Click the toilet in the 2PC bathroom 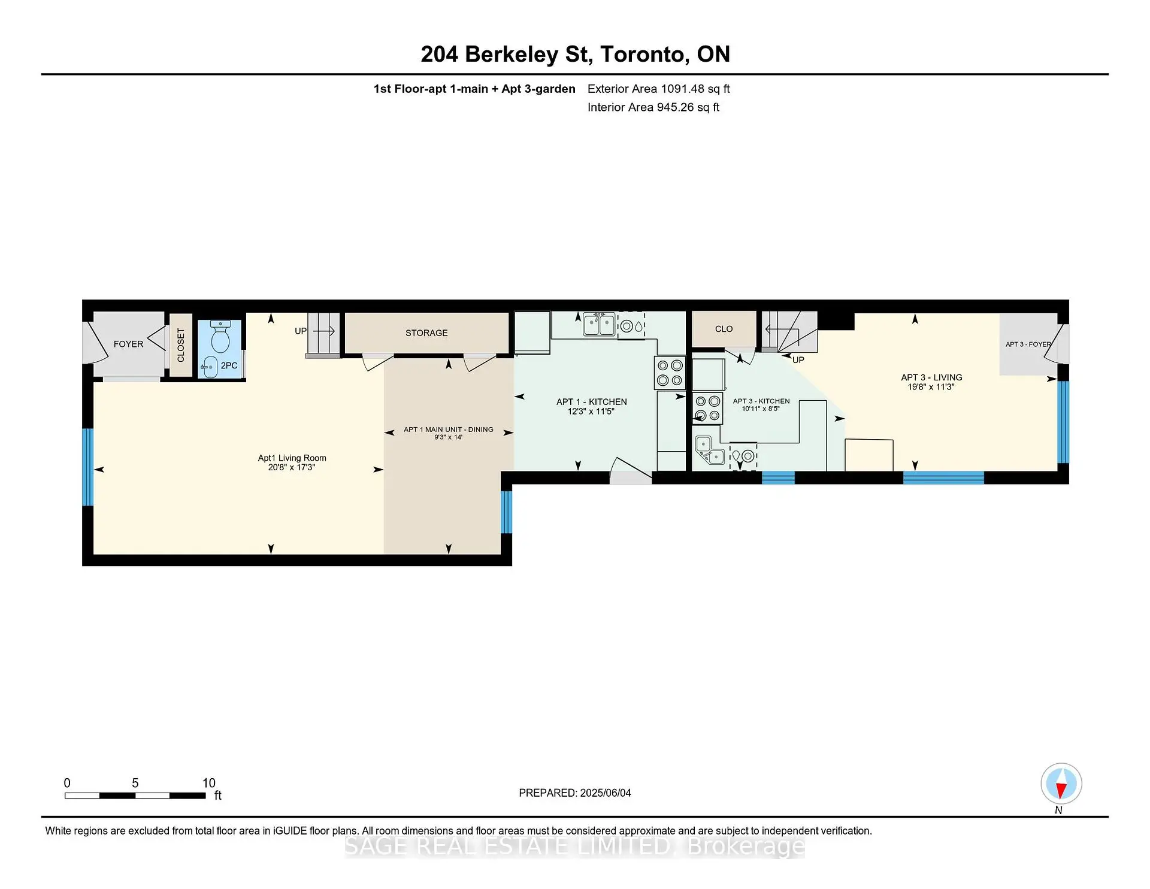220,337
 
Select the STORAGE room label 426,333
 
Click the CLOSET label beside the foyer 181,345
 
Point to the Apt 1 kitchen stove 670,373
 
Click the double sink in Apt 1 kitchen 600,325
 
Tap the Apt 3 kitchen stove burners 707,408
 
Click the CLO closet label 724,329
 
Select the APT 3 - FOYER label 1028,344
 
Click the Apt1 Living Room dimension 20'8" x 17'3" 292,467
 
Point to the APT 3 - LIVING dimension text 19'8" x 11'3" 931,387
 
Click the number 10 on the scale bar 208,783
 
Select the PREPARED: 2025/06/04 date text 575,793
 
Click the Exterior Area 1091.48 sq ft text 659,89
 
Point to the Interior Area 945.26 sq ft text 653,107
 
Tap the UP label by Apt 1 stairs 301,331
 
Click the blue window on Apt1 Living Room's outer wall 87,467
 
